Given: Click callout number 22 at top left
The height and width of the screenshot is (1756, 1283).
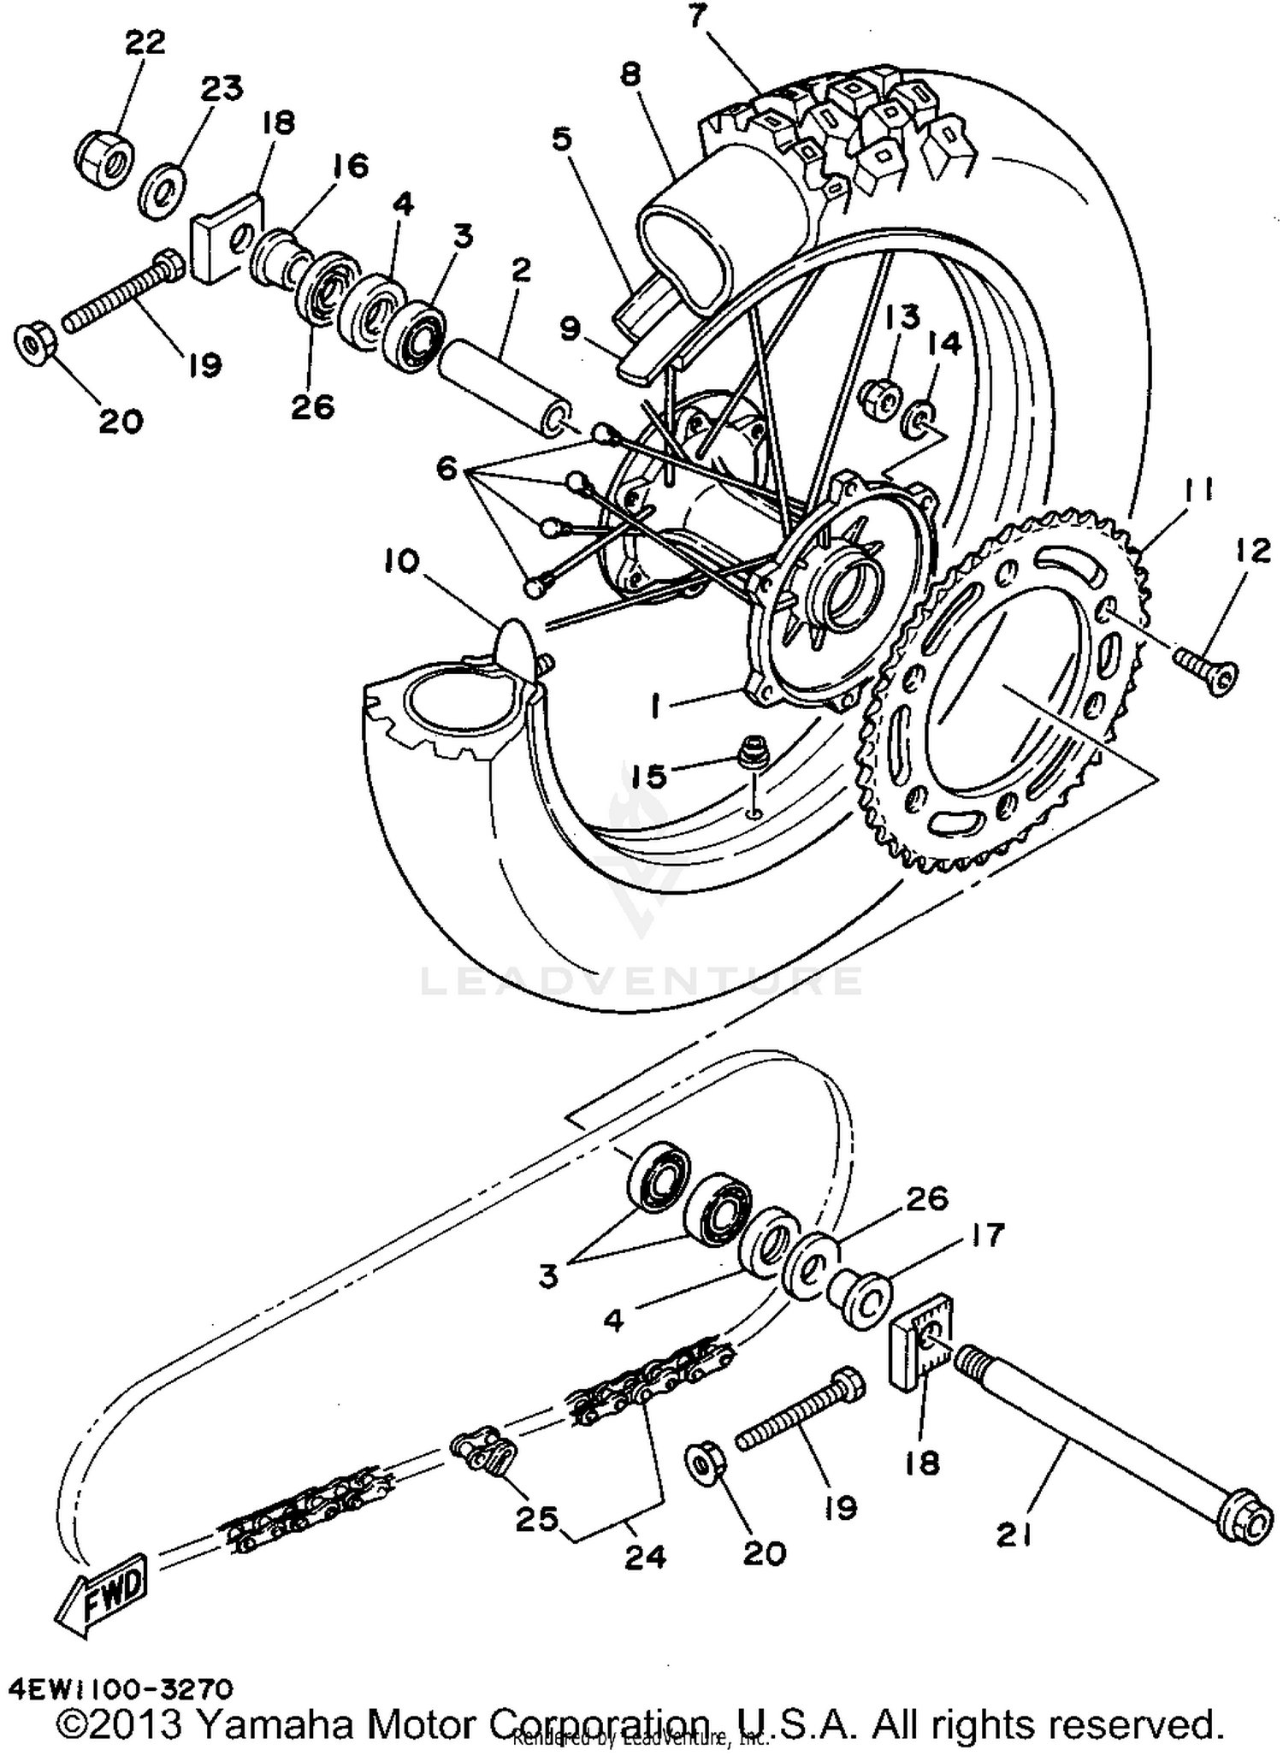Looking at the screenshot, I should pyautogui.click(x=145, y=43).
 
